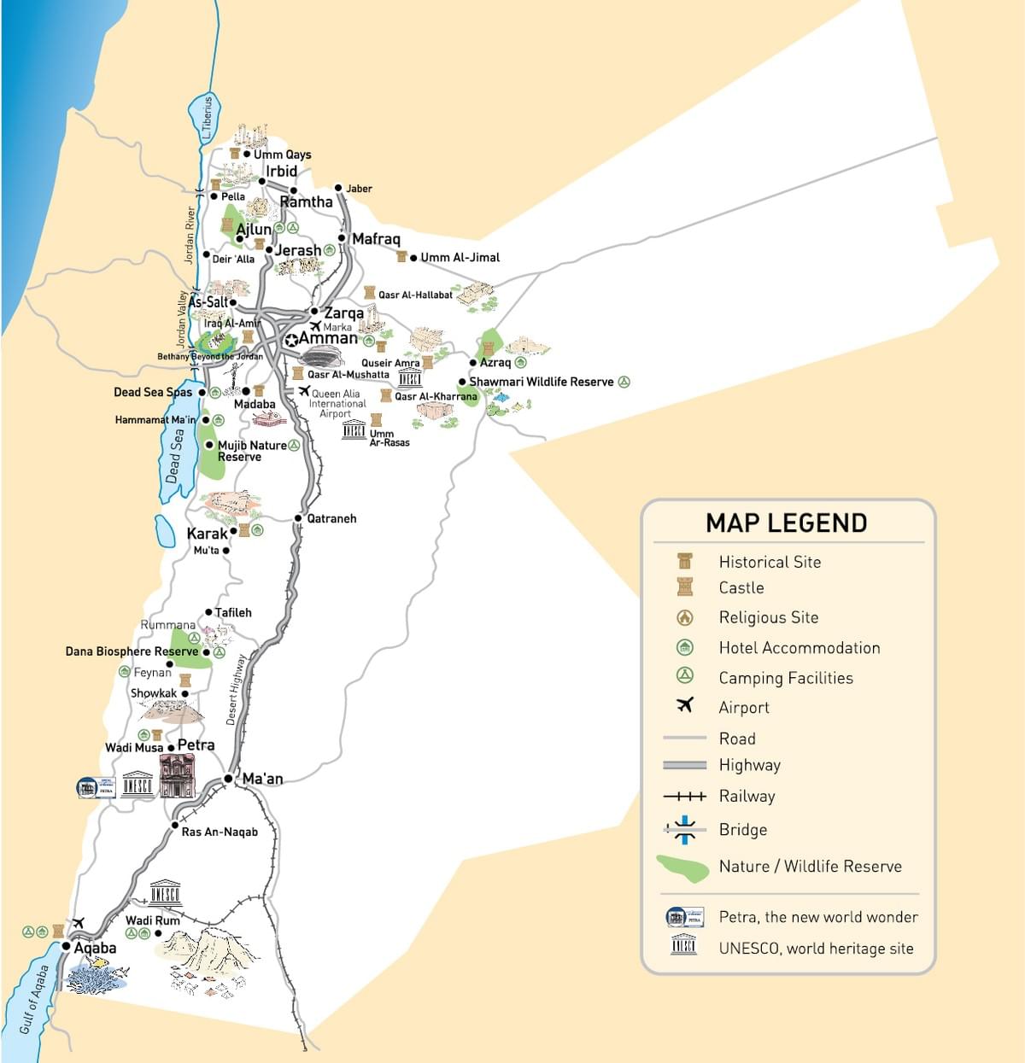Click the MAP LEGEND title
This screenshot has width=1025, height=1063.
click(786, 523)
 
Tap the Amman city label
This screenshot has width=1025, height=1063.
click(328, 338)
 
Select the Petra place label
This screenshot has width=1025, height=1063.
click(196, 745)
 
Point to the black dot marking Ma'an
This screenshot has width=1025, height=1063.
click(228, 779)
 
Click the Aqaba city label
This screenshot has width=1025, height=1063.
click(95, 948)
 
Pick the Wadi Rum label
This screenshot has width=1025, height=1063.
click(153, 920)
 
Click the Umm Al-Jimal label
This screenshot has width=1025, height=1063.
click(460, 257)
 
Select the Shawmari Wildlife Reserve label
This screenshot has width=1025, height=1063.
click(541, 382)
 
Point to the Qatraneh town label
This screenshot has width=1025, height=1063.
click(331, 518)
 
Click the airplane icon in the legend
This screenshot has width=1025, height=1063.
click(684, 705)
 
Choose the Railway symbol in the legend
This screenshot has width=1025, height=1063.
click(684, 796)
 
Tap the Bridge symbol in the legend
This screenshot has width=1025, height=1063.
click(684, 829)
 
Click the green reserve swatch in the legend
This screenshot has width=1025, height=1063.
click(683, 867)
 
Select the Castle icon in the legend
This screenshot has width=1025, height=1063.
click(684, 587)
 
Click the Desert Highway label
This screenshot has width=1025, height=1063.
click(236, 690)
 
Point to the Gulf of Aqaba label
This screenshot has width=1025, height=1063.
click(34, 999)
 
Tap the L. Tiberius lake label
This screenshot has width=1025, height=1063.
click(206, 119)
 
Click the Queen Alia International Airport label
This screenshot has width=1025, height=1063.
click(337, 404)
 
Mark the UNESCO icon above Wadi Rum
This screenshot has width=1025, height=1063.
click(165, 893)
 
